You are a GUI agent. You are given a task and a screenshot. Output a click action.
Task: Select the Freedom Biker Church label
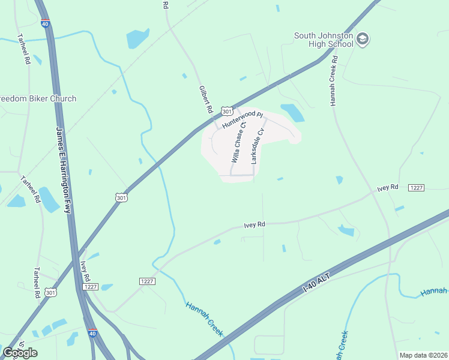[x=37, y=98]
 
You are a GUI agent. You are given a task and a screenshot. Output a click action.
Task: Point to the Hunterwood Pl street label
[x=243, y=119]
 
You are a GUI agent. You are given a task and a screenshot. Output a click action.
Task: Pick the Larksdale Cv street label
[x=257, y=146]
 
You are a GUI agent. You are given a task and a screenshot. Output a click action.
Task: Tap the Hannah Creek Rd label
[x=334, y=82]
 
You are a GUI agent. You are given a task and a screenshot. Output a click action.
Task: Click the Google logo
[x=20, y=353]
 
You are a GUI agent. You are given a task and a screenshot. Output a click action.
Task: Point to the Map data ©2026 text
[x=423, y=355]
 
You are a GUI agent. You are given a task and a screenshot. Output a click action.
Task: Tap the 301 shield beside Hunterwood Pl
[x=226, y=111]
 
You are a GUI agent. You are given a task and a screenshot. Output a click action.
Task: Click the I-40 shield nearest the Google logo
[x=91, y=333]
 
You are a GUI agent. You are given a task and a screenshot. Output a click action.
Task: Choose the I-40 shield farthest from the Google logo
[x=45, y=24]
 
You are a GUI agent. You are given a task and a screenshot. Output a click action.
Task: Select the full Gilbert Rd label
[x=206, y=100]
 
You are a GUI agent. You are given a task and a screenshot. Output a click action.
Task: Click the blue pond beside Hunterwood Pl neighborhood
[x=292, y=112]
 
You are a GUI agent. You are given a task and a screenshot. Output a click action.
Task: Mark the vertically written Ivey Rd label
[x=85, y=271]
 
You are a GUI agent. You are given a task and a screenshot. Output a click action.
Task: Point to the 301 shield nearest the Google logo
[x=52, y=292]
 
